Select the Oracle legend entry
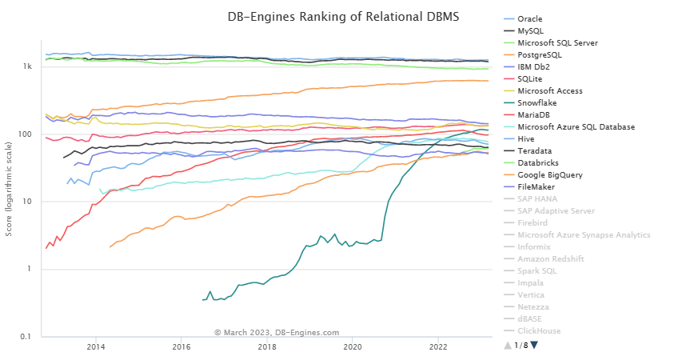pyautogui.click(x=530, y=18)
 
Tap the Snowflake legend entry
pyautogui.click(x=539, y=102)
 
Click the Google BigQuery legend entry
pyautogui.click(x=551, y=174)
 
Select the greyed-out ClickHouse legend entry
pyautogui.click(x=539, y=330)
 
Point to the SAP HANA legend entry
pyautogui.click(x=536, y=198)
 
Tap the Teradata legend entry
pyautogui.click(x=535, y=150)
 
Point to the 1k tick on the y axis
pyautogui.click(x=27, y=66)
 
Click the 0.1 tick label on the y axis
pyautogui.click(x=26, y=337)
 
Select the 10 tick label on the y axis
pyautogui.click(x=27, y=202)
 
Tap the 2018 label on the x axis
pyautogui.click(x=267, y=347)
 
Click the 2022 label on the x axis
pyautogui.click(x=438, y=347)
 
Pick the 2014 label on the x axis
pyautogui.click(x=96, y=347)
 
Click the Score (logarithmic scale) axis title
pyautogui.click(x=10, y=189)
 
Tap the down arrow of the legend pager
pyautogui.click(x=535, y=345)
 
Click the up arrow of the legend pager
pyautogui.click(x=506, y=345)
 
